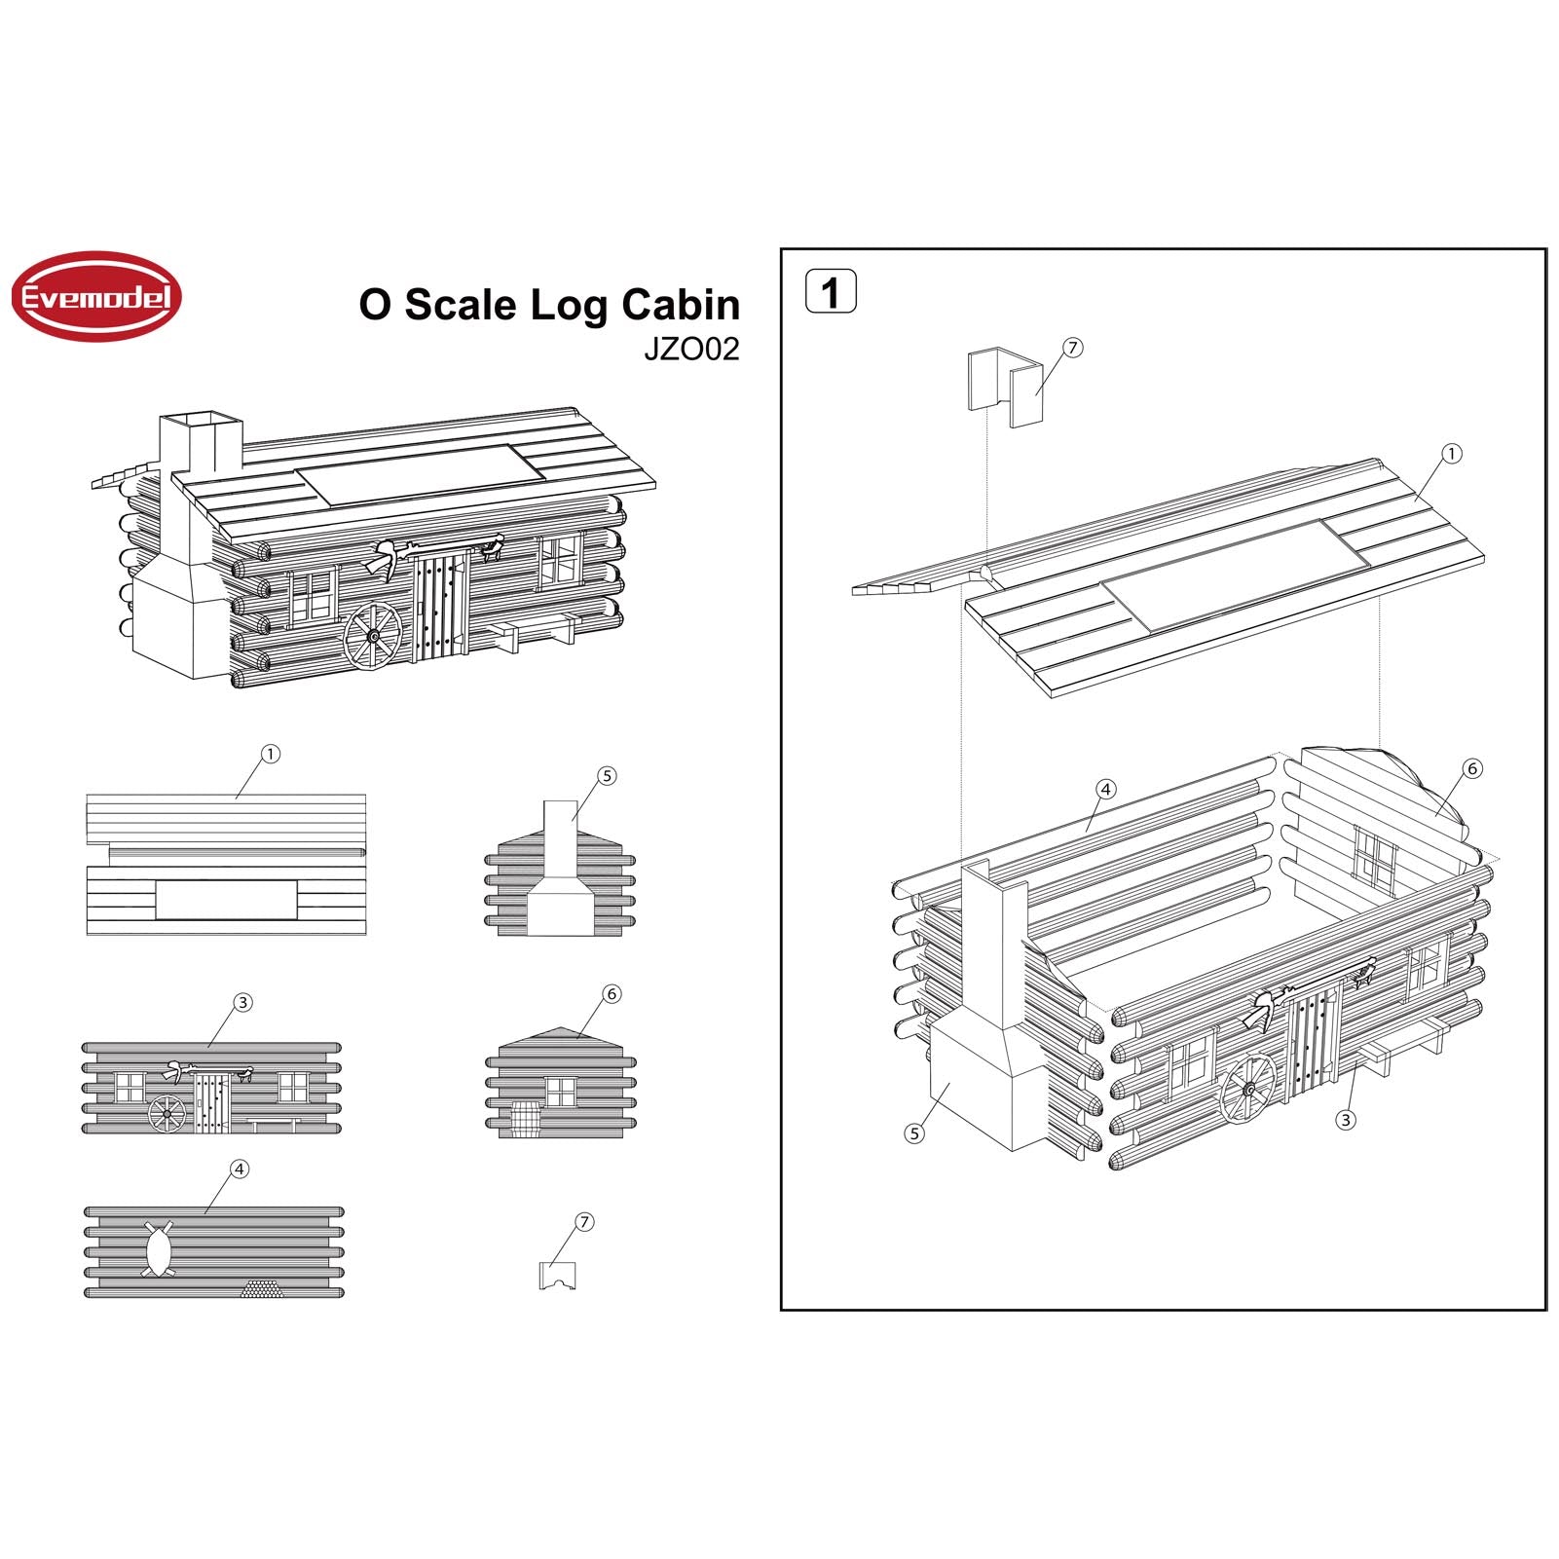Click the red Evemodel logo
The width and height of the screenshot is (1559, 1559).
point(96,297)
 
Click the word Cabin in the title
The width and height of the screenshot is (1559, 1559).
point(680,305)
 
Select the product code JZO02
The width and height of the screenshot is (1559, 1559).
point(691,350)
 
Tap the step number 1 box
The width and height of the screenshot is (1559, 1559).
point(831,292)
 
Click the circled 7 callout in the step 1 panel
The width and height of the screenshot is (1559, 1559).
point(1072,349)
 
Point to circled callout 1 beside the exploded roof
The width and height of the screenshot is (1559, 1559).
point(1451,454)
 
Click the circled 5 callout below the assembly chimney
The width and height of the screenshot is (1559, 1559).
point(913,1133)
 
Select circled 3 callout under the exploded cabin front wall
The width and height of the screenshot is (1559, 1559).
point(1345,1120)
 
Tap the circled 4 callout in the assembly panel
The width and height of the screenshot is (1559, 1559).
point(1105,790)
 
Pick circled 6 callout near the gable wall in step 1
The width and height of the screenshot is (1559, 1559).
point(1472,769)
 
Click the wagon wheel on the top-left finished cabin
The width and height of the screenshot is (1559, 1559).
point(372,635)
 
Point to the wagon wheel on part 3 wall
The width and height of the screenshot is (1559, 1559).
point(167,1113)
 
